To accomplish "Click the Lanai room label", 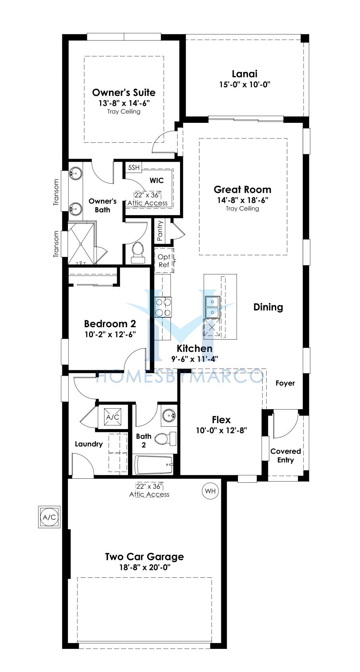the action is [x=245, y=74].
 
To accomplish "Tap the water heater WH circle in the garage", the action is [x=211, y=491].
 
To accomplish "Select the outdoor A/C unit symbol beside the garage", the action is [x=49, y=517].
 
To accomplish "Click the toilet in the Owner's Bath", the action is [x=138, y=252].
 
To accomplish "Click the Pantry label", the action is [x=160, y=230].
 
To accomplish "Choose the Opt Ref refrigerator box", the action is [x=164, y=260].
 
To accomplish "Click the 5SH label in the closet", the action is [x=134, y=167].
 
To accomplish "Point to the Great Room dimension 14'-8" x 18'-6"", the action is [x=242, y=200].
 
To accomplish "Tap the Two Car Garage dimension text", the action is [x=145, y=567].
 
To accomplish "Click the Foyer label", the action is [x=285, y=383].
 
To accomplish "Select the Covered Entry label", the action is [x=285, y=455].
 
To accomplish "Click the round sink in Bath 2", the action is [x=169, y=416].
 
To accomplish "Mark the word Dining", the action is [x=268, y=307].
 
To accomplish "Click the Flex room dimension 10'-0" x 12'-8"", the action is [x=221, y=431].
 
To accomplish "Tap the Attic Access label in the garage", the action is [x=149, y=494].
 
